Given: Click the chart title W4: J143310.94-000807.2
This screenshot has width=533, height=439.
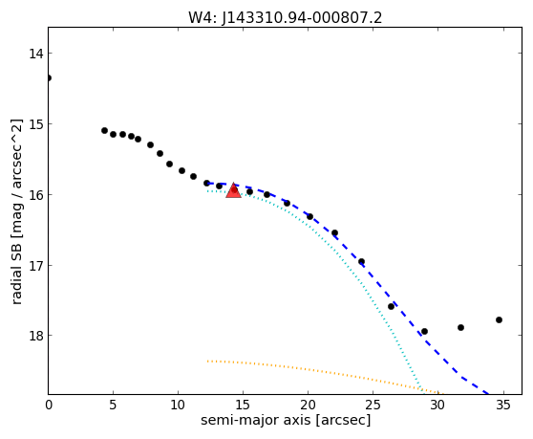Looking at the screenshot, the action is (x=286, y=17).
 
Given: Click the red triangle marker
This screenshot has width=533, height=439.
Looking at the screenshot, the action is (x=233, y=190).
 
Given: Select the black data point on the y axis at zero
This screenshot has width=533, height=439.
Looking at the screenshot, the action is (x=49, y=77).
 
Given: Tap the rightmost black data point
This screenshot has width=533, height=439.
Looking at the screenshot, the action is (x=499, y=319).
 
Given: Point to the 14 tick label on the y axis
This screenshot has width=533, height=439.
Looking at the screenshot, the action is (x=36, y=54).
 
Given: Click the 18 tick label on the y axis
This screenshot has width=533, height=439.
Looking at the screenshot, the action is (x=36, y=336).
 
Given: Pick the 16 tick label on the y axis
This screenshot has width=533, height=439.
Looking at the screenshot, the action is (x=36, y=195).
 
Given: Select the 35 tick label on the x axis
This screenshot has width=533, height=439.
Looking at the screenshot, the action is (x=503, y=405).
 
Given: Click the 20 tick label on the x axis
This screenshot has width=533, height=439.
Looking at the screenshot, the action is (x=308, y=405).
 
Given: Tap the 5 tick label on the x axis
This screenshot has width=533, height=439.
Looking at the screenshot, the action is (x=113, y=405).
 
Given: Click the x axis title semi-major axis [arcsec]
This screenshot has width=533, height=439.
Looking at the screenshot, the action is (x=286, y=420).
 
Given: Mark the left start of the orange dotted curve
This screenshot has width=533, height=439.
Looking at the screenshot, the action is (x=207, y=361).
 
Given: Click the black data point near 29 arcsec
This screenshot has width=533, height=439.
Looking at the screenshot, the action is (x=424, y=331).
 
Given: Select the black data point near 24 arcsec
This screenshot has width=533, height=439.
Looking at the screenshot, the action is (x=361, y=262).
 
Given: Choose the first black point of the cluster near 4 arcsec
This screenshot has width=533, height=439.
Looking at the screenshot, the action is (x=104, y=131).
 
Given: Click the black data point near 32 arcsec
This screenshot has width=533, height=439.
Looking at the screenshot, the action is (x=460, y=327).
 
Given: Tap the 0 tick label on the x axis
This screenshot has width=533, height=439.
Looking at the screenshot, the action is (x=49, y=405).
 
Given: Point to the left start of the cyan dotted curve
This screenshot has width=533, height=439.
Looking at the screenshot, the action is (x=207, y=191).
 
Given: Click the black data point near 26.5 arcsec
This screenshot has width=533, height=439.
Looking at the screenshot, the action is (x=391, y=307).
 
